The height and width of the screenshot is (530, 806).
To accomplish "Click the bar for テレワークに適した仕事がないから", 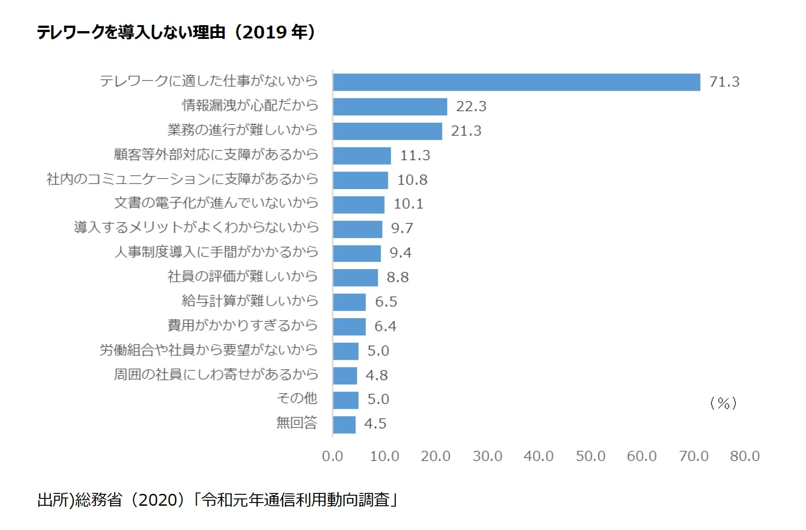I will [516, 82].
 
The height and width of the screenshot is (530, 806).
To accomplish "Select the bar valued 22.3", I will [390, 107].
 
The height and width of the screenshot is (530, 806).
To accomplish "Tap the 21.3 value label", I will [466, 131].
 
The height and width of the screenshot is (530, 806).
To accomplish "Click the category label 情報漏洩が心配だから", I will [250, 105].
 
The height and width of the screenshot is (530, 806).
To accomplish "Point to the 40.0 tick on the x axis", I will [538, 456].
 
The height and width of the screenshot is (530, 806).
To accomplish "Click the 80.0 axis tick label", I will [745, 456].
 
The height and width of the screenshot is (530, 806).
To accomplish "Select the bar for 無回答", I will [344, 424].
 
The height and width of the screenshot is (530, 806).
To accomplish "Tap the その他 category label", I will [297, 398].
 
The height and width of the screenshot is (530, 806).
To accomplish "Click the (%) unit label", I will [723, 403].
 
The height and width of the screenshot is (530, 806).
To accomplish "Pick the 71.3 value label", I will [724, 82].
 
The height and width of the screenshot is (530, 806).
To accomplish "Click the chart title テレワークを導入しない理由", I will [176, 32].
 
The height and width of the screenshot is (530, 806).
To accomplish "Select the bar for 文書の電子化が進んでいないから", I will [359, 205].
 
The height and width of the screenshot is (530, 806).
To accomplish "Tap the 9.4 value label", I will [400, 253].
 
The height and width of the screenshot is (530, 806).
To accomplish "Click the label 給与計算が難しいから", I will [250, 301].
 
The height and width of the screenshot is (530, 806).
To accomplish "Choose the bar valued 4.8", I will [345, 375].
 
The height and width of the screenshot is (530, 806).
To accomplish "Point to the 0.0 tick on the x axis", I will [332, 456].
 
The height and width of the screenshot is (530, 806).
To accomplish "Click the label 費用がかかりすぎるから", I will [242, 325].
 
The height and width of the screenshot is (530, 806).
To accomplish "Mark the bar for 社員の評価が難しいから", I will [355, 277].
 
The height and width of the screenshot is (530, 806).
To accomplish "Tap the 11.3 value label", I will [415, 156].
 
